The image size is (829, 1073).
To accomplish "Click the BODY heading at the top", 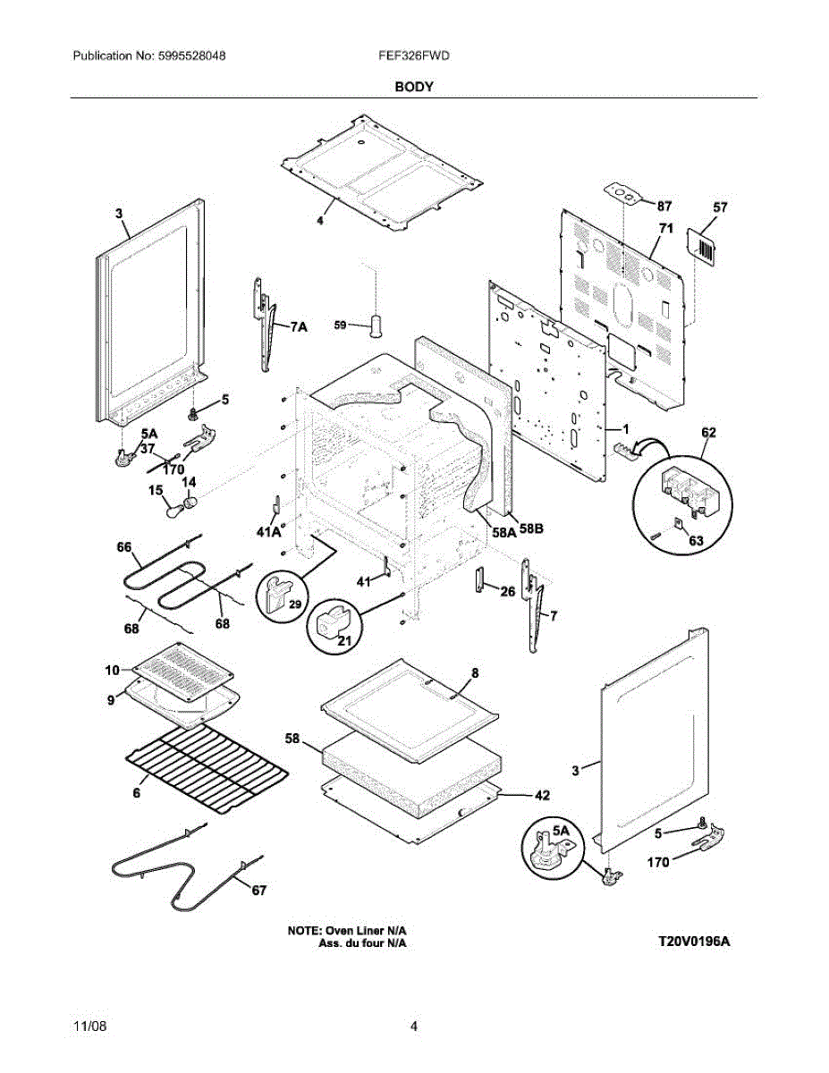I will [x=414, y=87].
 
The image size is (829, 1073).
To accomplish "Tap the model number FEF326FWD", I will [x=413, y=55].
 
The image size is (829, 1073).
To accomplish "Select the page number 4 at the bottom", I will [x=413, y=1027].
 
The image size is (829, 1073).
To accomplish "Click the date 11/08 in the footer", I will [x=89, y=1027].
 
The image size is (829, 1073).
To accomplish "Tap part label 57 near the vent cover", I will [x=720, y=207].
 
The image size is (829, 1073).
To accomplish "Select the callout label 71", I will [x=665, y=230].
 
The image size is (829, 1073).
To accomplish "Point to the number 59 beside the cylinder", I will [x=341, y=326].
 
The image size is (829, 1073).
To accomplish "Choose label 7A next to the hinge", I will [x=299, y=328].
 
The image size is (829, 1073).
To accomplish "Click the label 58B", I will [x=531, y=529].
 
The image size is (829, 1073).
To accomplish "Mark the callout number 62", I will [x=708, y=432].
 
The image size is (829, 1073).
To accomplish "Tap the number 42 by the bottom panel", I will [x=542, y=794].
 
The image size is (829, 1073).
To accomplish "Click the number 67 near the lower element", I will [x=258, y=890].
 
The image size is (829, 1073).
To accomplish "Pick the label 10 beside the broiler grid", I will [x=112, y=670].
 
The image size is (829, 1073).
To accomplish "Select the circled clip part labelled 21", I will [x=334, y=625].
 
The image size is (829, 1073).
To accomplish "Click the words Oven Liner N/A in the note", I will [x=371, y=931].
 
